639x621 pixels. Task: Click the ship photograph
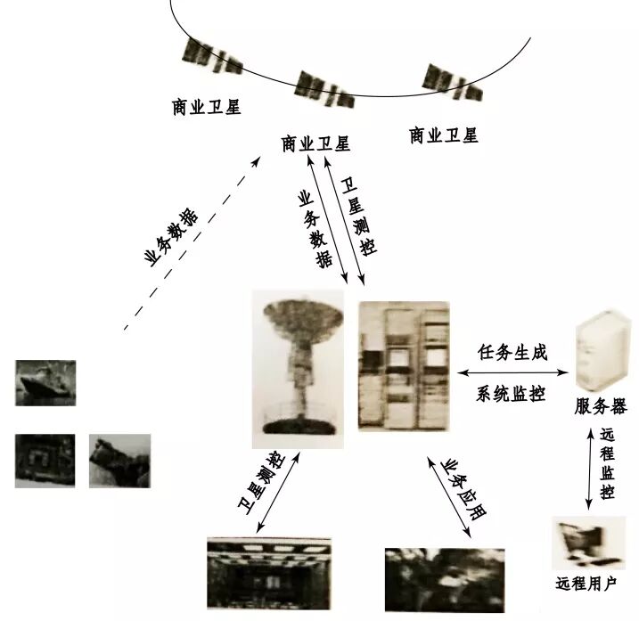[x=45, y=383]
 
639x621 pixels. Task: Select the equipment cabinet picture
[x=403, y=365]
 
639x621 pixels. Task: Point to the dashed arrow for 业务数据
[x=192, y=241]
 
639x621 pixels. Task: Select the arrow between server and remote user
[x=588, y=468]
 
